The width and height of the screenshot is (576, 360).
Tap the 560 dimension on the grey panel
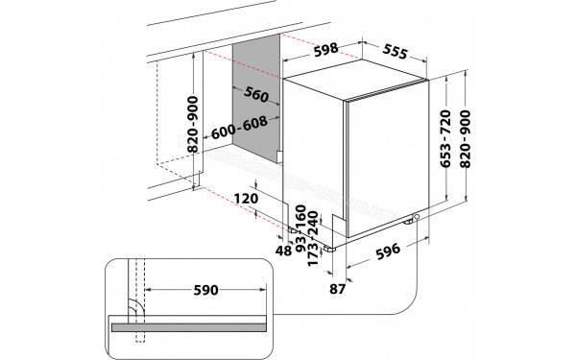pyautogui.click(x=255, y=94)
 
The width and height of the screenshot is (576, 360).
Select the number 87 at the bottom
pyautogui.click(x=336, y=287)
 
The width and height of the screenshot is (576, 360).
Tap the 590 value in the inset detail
pyautogui.click(x=206, y=289)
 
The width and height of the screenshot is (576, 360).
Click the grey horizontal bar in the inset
pyautogui.click(x=192, y=327)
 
